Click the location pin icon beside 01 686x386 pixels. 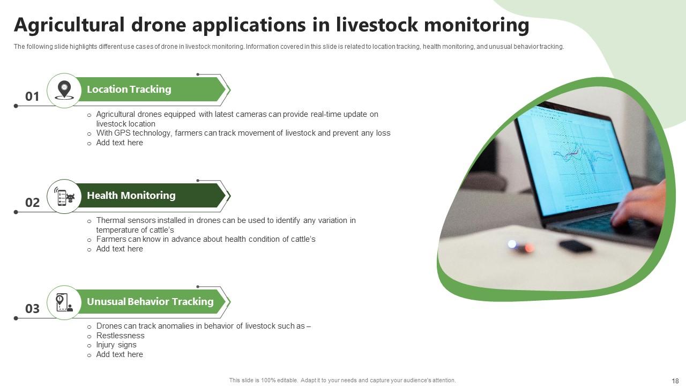tap(64, 90)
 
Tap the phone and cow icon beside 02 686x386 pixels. tap(64, 196)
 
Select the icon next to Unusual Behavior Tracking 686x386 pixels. tap(64, 302)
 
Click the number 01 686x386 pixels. tap(32, 96)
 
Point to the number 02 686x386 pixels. tap(32, 203)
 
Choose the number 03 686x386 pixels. tap(32, 309)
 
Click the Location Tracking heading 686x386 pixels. tap(129, 90)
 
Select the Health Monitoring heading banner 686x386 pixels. tap(131, 196)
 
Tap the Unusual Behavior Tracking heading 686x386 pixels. tap(150, 302)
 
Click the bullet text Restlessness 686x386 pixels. tap(120, 336)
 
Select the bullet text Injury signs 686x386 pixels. tap(116, 345)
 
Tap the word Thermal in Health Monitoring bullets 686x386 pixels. tap(110, 220)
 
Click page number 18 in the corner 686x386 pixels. tap(675, 381)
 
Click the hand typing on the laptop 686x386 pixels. tap(640, 206)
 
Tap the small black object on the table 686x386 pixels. tap(575, 247)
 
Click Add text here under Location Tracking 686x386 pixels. tap(120, 143)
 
